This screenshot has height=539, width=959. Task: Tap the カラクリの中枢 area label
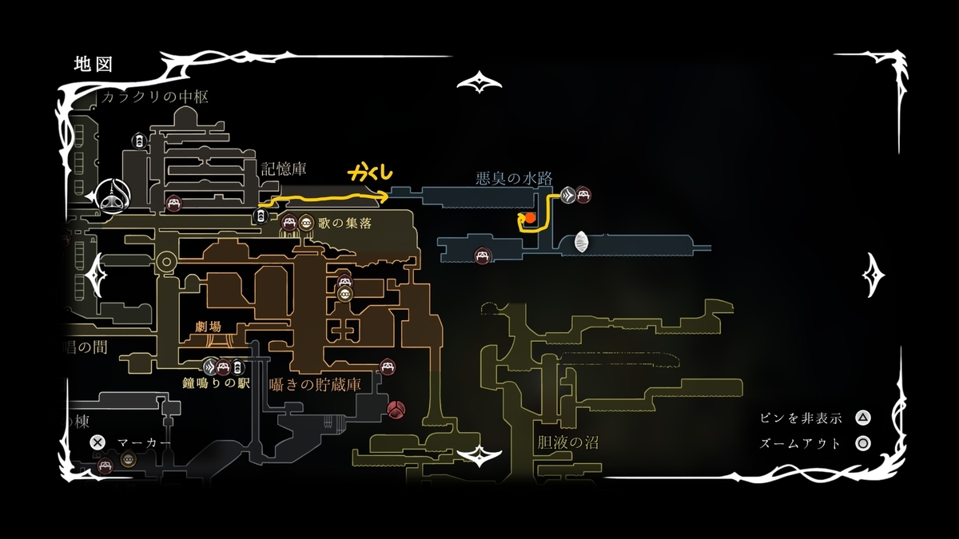point(155,97)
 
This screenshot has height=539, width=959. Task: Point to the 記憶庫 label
point(283,168)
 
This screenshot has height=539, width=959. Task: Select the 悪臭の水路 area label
point(514,178)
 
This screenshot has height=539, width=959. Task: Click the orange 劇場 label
point(207,326)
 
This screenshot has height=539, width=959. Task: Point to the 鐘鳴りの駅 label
point(217,383)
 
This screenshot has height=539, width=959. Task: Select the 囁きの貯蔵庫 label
point(315,384)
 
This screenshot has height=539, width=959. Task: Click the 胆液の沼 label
point(568,442)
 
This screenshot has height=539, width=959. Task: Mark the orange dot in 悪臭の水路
point(529,216)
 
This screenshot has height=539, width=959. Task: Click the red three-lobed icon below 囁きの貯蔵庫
point(396,410)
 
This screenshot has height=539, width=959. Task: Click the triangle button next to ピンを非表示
point(862,418)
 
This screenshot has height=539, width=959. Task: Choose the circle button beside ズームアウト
point(862,443)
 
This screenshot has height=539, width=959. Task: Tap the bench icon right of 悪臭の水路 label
point(583,193)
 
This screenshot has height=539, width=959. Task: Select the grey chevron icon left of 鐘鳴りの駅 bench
point(210,368)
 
